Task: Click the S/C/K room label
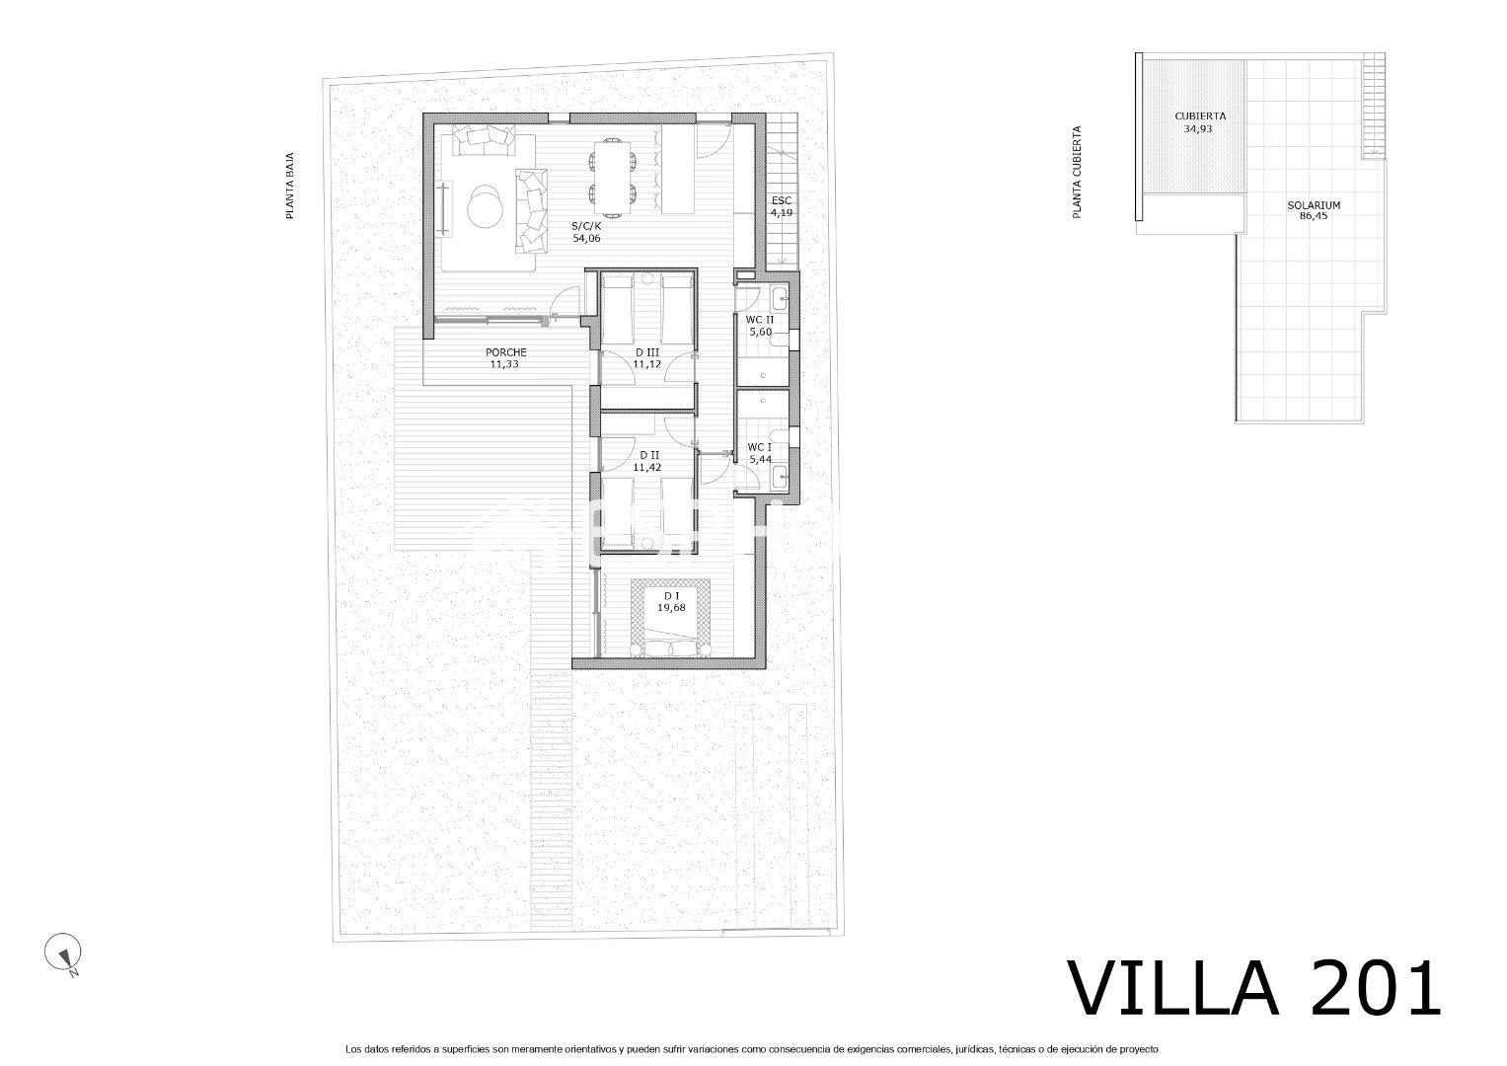point(585,226)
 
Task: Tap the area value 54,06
point(586,238)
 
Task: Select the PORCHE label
point(506,352)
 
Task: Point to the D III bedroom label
point(646,352)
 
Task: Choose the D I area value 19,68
point(671,607)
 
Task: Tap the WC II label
point(760,320)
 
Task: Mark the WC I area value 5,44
point(760,460)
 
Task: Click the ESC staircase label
point(782,200)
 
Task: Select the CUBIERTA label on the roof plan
point(1200,115)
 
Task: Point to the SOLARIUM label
point(1314,205)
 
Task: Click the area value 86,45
point(1314,217)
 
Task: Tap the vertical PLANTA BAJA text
point(290,186)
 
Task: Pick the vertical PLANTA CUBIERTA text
point(1077,172)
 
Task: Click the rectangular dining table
point(612,178)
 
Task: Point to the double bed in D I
point(671,618)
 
